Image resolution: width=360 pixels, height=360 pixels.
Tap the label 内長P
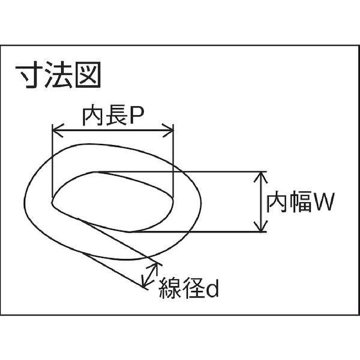pos(112,115)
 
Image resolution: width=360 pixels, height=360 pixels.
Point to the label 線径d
pos(186,290)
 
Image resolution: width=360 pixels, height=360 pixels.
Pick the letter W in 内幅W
pos(323,203)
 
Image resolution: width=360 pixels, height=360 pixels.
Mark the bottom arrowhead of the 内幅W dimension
pos(260,229)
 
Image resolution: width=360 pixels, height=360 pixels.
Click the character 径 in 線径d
pos(191,290)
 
